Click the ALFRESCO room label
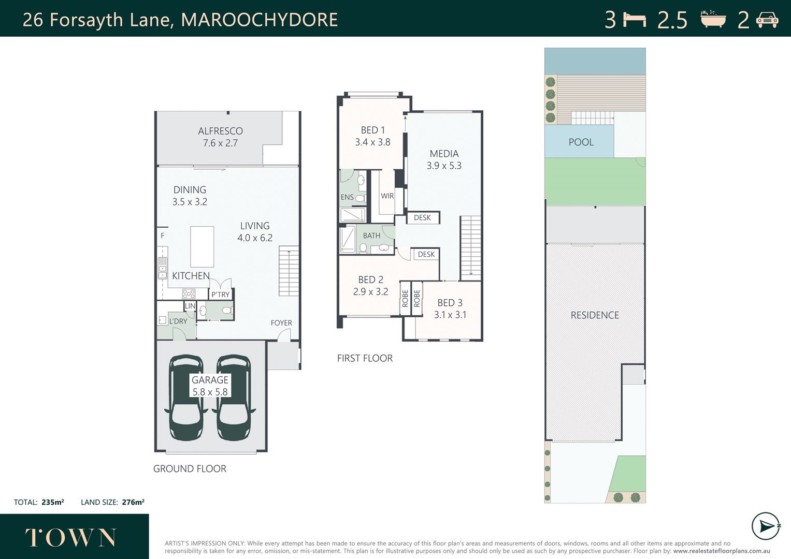click(220, 131)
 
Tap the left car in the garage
click(186, 398)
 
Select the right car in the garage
click(234, 398)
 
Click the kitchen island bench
click(202, 247)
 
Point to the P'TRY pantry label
click(220, 295)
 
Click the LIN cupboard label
click(190, 306)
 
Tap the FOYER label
click(281, 322)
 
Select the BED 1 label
click(373, 130)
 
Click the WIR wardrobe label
click(387, 196)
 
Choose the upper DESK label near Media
click(422, 217)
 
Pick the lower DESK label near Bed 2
click(426, 254)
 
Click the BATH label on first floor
click(372, 236)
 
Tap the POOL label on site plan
click(581, 142)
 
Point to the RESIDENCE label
click(595, 315)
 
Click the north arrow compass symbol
click(766, 526)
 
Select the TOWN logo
click(70, 537)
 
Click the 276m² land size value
click(133, 502)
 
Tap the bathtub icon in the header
click(713, 19)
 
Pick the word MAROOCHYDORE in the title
click(260, 20)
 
